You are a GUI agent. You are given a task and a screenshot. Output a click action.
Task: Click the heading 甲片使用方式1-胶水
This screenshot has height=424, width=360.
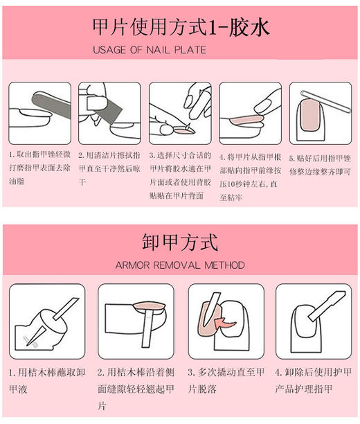[181, 28]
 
